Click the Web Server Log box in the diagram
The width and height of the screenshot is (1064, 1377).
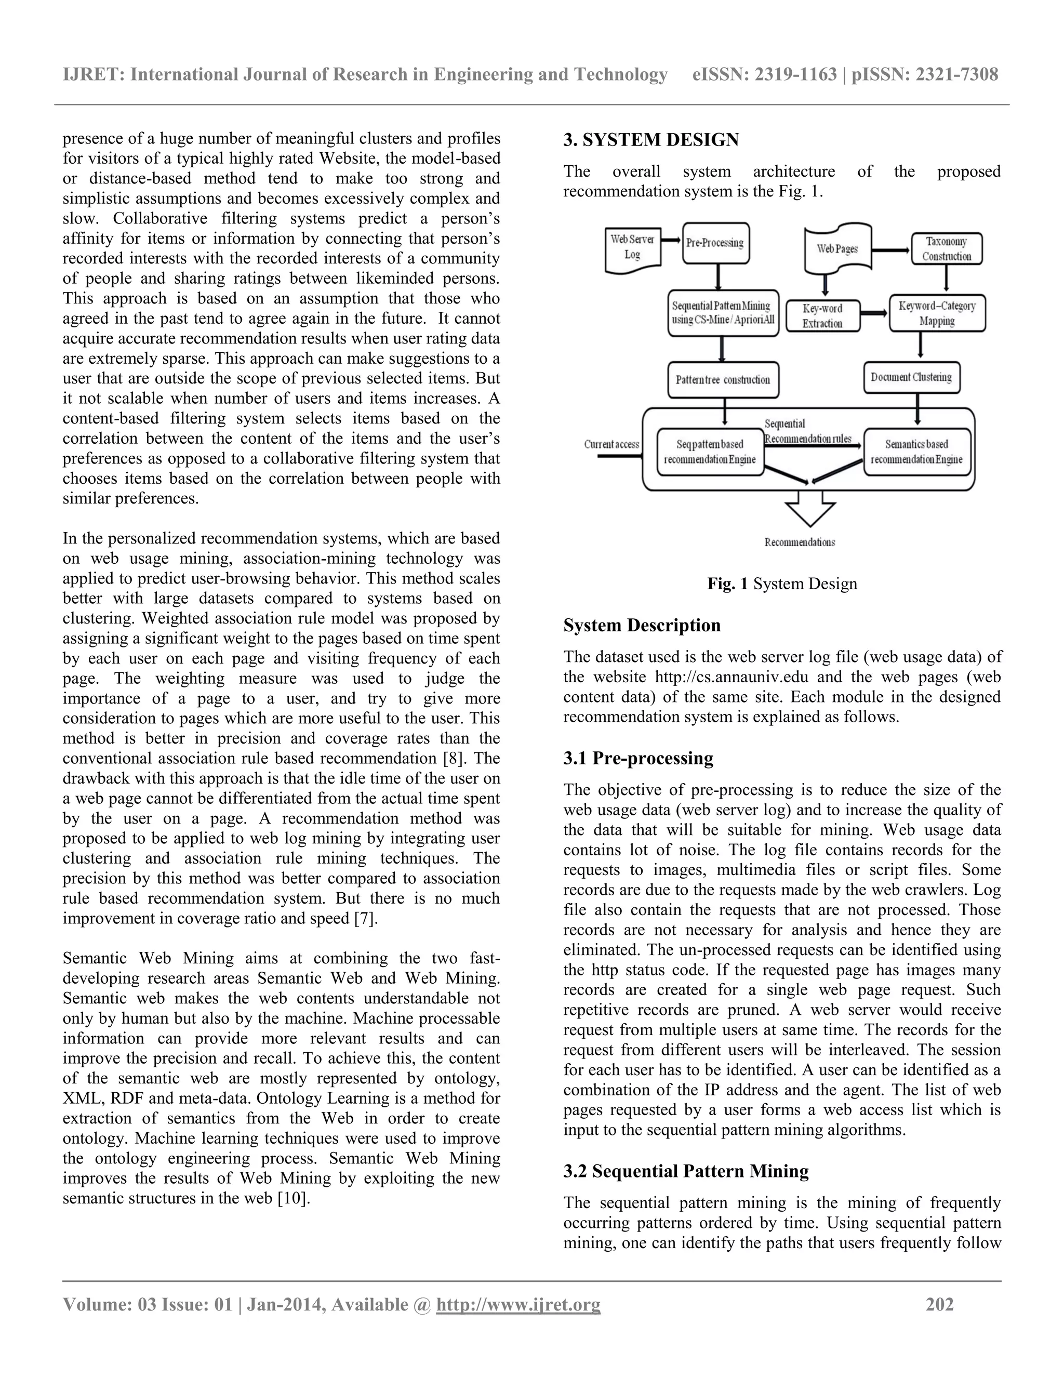pos(632,248)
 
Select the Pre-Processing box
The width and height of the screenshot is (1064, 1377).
pos(715,243)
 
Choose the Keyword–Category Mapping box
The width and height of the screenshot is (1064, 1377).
pos(937,313)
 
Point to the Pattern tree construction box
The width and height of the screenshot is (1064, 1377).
pos(723,379)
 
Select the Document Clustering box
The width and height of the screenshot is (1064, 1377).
pos(911,377)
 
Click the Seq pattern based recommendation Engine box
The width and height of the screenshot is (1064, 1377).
pos(710,452)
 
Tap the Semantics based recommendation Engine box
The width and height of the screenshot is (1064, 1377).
pos(916,452)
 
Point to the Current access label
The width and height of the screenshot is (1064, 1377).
pos(611,444)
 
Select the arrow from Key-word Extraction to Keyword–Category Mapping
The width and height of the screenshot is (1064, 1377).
pos(874,313)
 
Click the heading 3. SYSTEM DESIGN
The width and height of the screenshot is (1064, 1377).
pos(651,140)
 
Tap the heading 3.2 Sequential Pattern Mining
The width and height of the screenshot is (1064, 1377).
pos(686,1171)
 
